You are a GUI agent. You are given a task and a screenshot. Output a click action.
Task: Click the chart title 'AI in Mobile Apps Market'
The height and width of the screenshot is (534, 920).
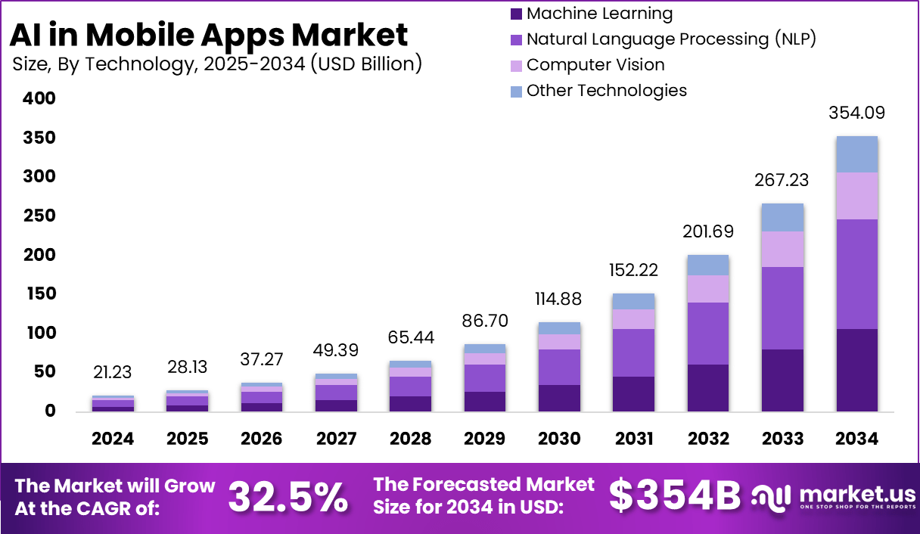click(x=209, y=35)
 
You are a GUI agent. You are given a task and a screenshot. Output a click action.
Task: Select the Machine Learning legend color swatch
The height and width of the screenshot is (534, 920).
click(x=517, y=14)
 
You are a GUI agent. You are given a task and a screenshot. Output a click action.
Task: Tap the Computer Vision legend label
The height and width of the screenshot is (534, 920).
click(x=595, y=65)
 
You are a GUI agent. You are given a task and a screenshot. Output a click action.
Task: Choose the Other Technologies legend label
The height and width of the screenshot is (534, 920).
click(x=607, y=91)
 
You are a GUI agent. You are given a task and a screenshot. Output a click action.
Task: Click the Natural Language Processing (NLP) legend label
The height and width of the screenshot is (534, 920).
click(x=671, y=39)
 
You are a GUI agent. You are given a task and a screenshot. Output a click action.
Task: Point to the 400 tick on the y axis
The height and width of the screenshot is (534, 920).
click(x=39, y=99)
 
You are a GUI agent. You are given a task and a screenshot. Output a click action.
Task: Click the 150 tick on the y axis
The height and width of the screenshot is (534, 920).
click(x=39, y=294)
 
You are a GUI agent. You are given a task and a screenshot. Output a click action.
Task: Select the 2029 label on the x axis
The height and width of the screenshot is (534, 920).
click(x=485, y=439)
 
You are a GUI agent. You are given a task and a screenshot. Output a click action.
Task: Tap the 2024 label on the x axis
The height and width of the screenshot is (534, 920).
click(x=113, y=439)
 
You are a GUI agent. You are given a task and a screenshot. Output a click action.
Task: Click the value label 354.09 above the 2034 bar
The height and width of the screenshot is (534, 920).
click(x=856, y=113)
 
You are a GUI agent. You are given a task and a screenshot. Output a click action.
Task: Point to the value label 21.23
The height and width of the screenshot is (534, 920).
click(x=113, y=371)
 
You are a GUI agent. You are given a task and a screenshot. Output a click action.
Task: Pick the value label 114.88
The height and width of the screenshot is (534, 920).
click(x=559, y=299)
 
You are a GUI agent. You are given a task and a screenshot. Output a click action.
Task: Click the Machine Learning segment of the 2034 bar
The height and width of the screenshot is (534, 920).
click(x=856, y=370)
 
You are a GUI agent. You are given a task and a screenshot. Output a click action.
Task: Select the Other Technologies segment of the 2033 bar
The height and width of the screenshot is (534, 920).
click(x=782, y=218)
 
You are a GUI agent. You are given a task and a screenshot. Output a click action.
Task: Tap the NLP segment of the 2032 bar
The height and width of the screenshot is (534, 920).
click(x=708, y=334)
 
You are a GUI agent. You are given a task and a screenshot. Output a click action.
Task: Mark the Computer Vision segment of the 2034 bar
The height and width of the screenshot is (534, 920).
click(x=856, y=196)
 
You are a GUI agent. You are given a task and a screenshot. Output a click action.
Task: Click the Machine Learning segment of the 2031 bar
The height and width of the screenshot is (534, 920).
click(x=633, y=394)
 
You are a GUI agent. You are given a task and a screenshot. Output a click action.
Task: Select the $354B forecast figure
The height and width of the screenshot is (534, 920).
click(x=675, y=496)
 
